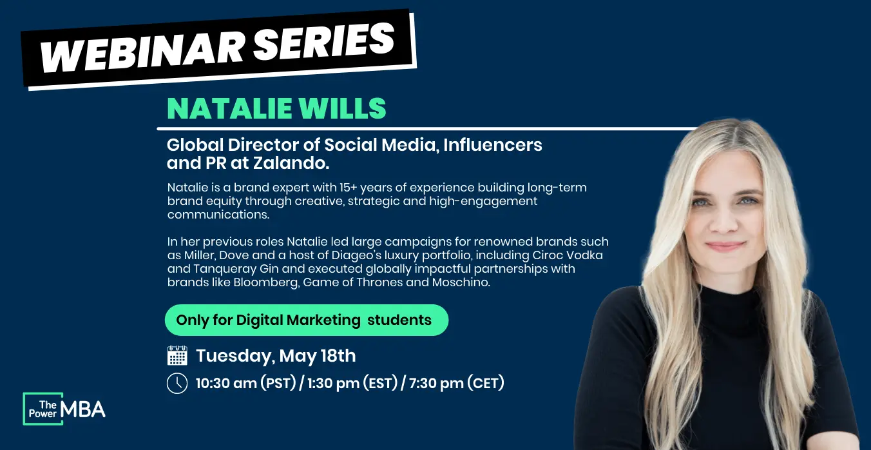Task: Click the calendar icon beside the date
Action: [177, 355]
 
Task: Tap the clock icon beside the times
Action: [177, 384]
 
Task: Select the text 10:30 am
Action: [226, 384]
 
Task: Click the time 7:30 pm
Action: [436, 384]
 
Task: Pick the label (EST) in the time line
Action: [380, 383]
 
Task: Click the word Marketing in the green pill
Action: [323, 320]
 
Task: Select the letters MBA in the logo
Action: [83, 409]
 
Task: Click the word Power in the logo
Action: [43, 414]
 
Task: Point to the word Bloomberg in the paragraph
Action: [266, 282]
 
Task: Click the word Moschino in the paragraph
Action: [461, 282]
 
